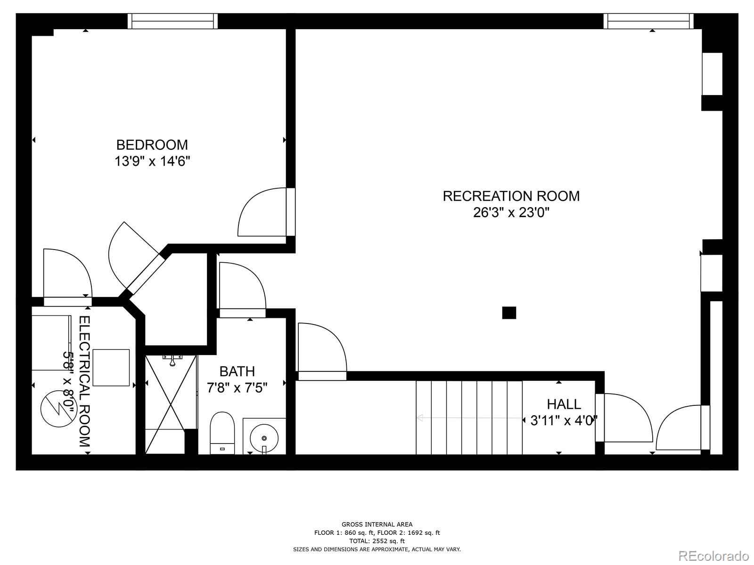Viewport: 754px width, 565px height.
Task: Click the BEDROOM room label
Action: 152,145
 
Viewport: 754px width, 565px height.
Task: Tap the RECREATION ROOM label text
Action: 511,196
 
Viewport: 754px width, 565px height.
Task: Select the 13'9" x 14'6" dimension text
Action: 152,161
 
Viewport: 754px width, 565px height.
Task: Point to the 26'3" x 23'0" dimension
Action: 511,213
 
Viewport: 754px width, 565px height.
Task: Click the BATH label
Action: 237,371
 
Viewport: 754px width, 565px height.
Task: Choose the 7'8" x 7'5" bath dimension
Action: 237,388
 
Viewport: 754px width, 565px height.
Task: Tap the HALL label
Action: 564,404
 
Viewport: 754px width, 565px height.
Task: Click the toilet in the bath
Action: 222,433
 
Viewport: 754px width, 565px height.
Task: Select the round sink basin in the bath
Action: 264,438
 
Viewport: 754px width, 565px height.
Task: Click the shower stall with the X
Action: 171,404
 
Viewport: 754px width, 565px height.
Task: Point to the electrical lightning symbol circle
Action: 59,409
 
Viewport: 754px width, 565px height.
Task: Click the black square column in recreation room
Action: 509,313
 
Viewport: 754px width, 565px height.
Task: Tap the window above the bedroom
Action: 173,21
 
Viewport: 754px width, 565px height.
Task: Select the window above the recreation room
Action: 648,21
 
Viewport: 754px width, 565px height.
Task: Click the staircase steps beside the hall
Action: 469,418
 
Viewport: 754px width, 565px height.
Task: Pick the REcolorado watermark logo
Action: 714,555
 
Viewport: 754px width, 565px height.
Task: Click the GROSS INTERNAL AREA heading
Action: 377,524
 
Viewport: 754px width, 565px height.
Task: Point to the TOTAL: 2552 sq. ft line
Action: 377,541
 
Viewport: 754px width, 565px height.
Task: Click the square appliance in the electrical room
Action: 111,367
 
